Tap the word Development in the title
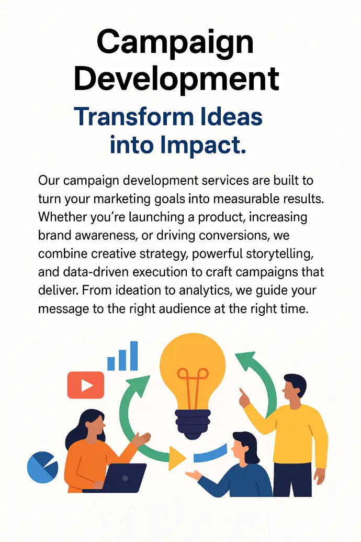pos(176,80)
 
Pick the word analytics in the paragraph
pos(205,290)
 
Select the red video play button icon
pos(86,385)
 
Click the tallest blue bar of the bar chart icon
pos(134,356)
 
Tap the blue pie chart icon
pos(42,467)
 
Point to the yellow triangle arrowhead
pos(176,458)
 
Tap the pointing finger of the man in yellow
pos(242,394)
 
